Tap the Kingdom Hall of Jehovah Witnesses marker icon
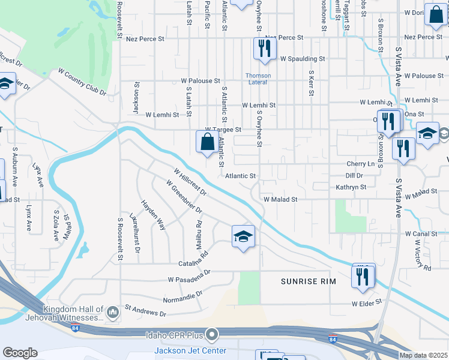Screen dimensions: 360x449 (112, 311)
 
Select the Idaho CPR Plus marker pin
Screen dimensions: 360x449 (211, 334)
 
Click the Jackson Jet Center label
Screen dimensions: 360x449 (190, 350)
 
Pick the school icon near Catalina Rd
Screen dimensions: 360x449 (243, 237)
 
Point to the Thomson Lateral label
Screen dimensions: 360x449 (258, 79)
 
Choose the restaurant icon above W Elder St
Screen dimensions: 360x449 (363, 275)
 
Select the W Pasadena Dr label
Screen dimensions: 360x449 (189, 276)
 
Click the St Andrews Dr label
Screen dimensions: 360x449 (145, 310)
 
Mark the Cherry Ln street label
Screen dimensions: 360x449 (360, 164)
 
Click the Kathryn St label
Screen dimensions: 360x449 (351, 187)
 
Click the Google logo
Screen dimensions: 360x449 (20, 353)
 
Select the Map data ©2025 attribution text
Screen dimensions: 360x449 (423, 355)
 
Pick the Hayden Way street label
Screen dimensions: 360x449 (153, 215)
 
